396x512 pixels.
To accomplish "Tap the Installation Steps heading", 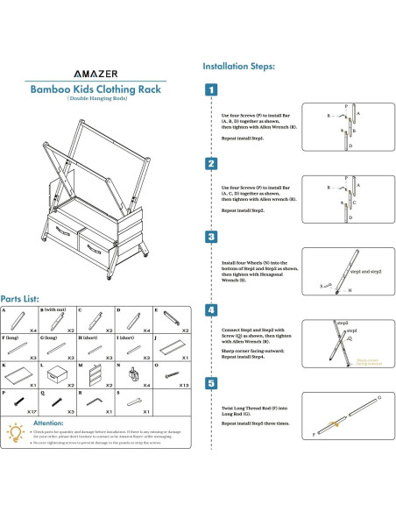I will click(239, 66).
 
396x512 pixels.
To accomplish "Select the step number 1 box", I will click(211, 89).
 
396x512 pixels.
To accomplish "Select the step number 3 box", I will click(211, 237).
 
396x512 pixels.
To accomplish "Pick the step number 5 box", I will click(211, 383).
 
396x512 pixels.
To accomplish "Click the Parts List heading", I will click(25, 299).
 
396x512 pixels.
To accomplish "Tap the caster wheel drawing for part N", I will click(134, 374).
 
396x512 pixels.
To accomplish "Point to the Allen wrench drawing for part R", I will click(96, 402).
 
